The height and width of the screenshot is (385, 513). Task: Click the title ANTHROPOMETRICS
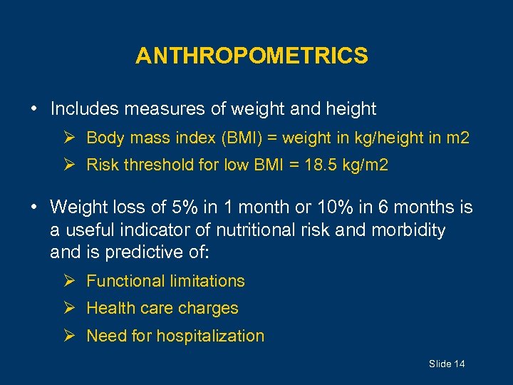click(x=252, y=56)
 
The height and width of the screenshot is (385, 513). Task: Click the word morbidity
click(x=408, y=230)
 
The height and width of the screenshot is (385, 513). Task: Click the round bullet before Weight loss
click(x=34, y=208)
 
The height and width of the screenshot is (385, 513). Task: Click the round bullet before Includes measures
click(x=34, y=110)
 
